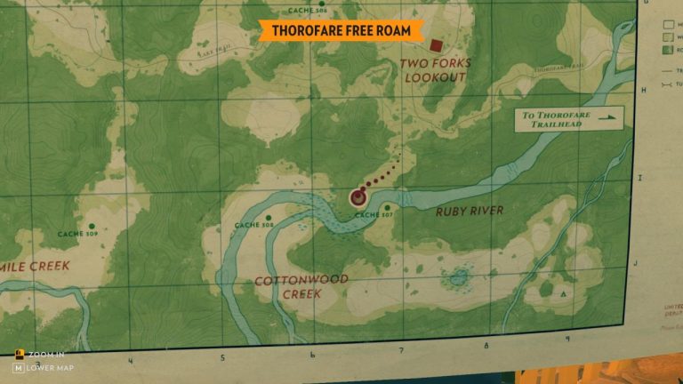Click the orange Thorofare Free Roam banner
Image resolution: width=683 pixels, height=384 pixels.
point(341,30)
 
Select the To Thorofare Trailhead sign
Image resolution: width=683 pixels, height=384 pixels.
point(569,119)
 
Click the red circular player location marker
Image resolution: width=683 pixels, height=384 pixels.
point(358,196)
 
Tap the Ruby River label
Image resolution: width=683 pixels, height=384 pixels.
point(470,211)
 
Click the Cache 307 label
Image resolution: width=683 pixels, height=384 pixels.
point(374,215)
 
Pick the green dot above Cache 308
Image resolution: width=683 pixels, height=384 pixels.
point(269,217)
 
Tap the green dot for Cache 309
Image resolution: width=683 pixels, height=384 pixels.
point(91,225)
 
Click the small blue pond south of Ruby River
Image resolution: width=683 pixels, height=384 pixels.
point(458,277)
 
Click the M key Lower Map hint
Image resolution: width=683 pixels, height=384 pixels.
point(43,368)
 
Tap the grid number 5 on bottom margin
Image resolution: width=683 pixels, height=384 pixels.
point(223,358)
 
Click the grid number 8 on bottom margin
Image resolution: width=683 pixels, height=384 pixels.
point(486,345)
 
